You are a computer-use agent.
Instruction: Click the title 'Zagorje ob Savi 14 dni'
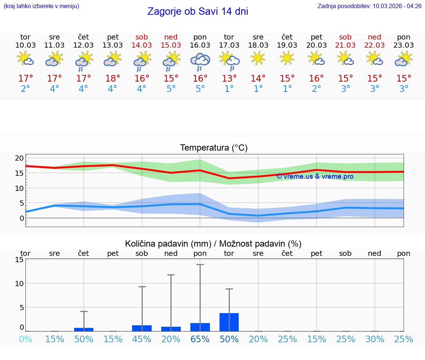(198, 11)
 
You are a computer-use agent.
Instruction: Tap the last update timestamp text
(369, 6)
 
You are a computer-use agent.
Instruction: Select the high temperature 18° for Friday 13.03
(113, 78)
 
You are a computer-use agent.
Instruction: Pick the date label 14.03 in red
(142, 45)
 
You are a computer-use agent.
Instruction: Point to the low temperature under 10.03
(25, 89)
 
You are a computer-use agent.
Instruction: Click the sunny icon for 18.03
(258, 58)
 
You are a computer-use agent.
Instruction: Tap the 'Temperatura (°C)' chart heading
(214, 148)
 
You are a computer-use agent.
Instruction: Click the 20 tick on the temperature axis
(19, 158)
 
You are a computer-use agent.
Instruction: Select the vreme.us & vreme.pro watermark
(315, 176)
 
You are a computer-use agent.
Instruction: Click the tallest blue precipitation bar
(229, 322)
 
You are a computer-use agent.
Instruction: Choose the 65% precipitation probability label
(200, 339)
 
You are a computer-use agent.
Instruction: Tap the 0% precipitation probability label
(25, 339)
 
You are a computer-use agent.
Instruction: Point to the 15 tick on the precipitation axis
(19, 260)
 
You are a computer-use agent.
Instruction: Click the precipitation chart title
(213, 244)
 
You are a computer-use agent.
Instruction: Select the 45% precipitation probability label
(142, 339)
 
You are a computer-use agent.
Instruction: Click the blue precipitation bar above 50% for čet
(84, 329)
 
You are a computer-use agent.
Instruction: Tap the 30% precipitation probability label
(375, 339)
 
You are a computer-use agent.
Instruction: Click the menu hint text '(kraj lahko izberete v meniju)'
(41, 6)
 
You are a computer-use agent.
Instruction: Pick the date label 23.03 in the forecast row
(404, 45)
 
